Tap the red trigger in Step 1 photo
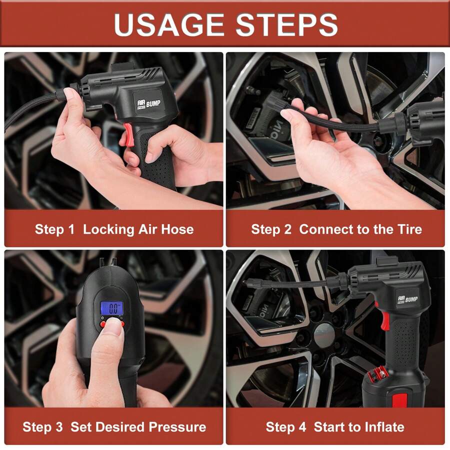click(128, 135)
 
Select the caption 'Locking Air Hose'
click(138, 229)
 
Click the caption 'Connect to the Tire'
click(360, 229)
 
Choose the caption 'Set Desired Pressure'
click(138, 427)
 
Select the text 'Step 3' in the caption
click(42, 427)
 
